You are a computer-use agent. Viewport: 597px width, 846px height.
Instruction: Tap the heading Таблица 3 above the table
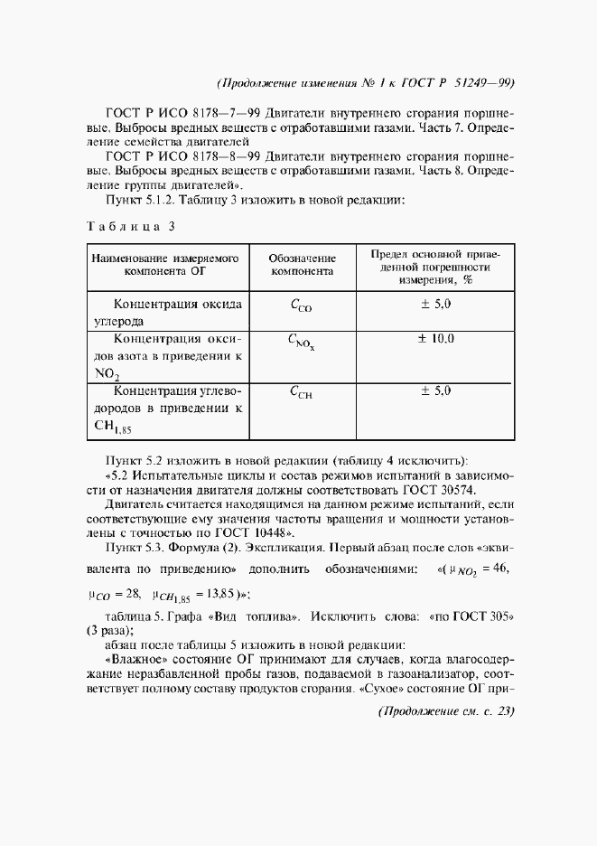click(130, 226)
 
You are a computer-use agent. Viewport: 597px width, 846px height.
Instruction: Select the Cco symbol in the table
click(301, 306)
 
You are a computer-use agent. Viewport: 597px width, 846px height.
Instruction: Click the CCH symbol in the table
click(301, 392)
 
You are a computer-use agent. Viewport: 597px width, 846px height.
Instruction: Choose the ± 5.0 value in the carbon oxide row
click(435, 304)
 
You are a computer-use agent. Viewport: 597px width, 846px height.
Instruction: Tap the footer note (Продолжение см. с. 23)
click(444, 712)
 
